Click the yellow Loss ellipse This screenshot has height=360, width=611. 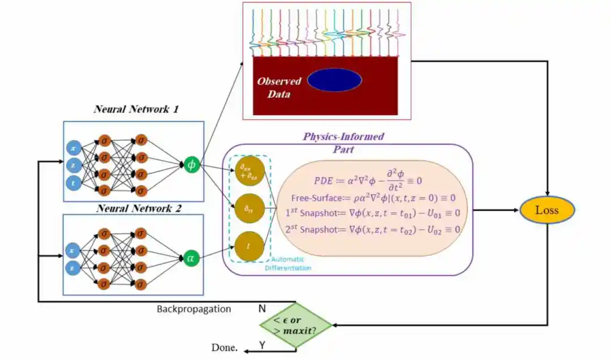point(547,210)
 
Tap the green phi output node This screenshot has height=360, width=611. point(191,165)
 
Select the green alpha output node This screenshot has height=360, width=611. point(191,258)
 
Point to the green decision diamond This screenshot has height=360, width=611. point(295,325)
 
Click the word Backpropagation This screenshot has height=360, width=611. point(193,309)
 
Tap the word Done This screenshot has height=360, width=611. point(224,348)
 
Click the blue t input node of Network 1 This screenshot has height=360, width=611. point(73,182)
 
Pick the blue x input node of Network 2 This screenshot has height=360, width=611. point(73,250)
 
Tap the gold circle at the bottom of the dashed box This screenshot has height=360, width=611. point(249,246)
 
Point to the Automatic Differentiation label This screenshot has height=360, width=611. point(288,263)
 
